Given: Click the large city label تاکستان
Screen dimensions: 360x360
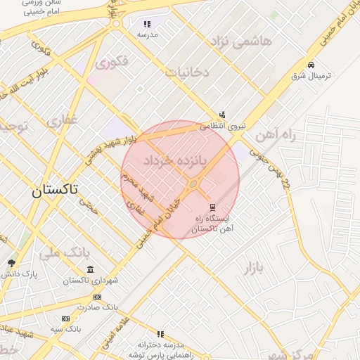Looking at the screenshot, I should coord(56,190).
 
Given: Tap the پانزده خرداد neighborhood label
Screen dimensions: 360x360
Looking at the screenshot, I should coord(176,161).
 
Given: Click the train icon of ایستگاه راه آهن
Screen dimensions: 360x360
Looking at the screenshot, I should coord(211,206).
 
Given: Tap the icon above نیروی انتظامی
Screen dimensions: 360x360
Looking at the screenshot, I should coord(223,115).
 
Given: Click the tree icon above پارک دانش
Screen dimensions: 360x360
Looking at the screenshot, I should coord(11,263).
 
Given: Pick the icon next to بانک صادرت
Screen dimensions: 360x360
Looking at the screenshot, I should coord(97,297).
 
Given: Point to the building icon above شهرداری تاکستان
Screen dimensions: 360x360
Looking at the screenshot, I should coord(90,270).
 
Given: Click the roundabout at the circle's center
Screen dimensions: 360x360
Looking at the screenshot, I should coord(193,184).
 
